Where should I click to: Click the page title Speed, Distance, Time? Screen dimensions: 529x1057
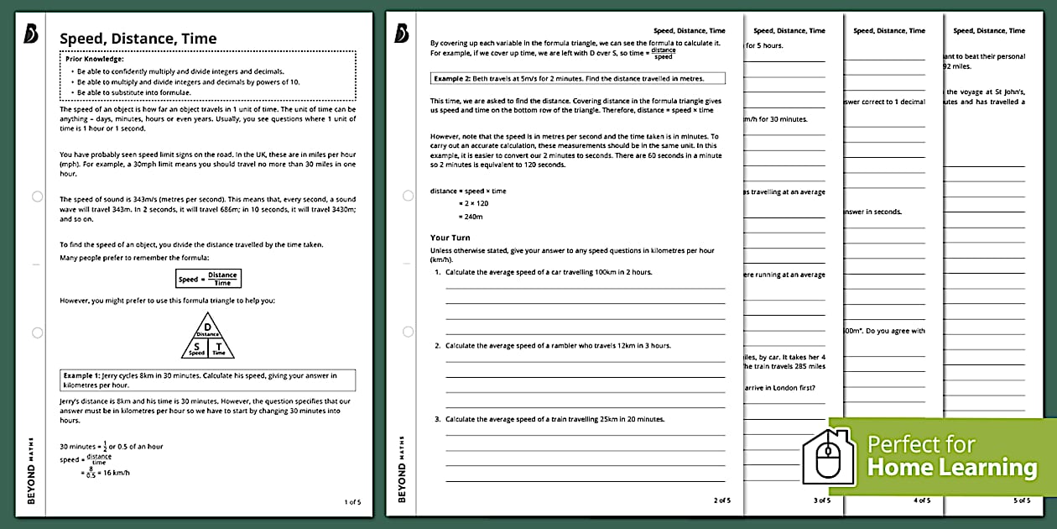click(138, 39)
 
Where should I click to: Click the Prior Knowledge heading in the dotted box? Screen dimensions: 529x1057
click(97, 59)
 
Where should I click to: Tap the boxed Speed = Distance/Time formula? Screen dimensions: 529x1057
click(207, 279)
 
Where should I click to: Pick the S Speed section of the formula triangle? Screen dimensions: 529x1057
click(195, 348)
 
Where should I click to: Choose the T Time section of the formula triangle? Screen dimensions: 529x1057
click(219, 348)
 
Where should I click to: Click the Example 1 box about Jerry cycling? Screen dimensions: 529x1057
click(207, 380)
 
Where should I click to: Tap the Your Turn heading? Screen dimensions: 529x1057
click(450, 238)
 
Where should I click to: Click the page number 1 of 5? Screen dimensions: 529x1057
click(352, 502)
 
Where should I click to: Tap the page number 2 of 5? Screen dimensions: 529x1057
click(721, 500)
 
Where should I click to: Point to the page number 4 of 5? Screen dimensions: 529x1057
click(921, 500)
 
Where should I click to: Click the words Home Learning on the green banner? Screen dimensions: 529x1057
click(951, 467)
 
